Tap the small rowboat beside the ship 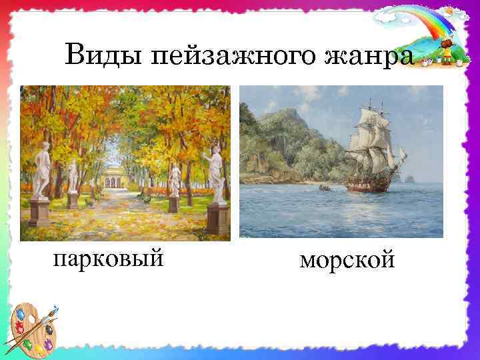[x=324, y=189]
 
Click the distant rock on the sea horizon [x=409, y=178]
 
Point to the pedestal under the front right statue [x=217, y=217]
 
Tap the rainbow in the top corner [x=420, y=23]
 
